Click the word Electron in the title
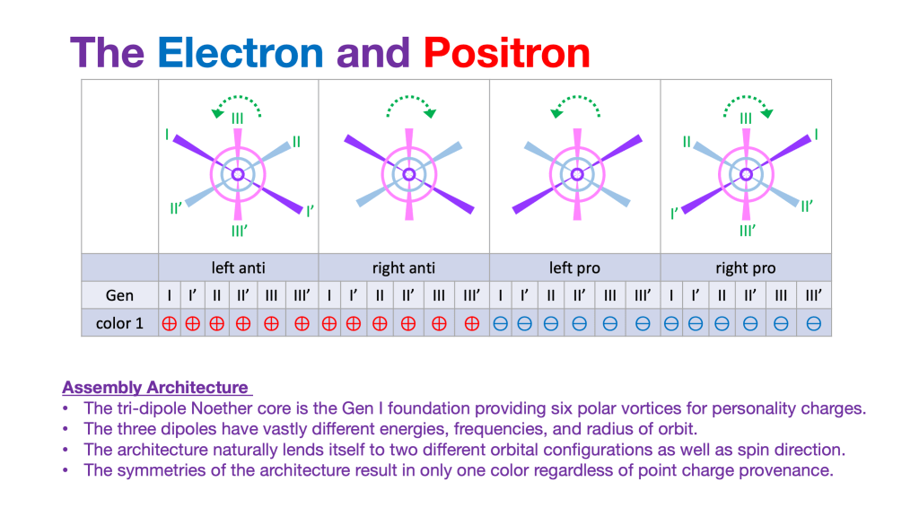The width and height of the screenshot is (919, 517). pos(240,53)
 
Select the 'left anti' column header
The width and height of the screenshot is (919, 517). pos(238,267)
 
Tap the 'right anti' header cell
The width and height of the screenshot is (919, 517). pos(403,267)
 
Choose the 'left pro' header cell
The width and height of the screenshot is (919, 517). pos(574,267)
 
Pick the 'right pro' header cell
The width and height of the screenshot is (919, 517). pos(745,267)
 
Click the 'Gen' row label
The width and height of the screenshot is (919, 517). pos(119,294)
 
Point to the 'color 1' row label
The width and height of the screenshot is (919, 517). pos(119,323)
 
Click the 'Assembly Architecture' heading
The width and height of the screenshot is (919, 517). pos(155,388)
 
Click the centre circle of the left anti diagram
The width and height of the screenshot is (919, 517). pos(238,174)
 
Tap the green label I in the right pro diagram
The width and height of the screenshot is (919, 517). pos(816,135)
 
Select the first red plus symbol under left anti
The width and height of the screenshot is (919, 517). pos(169,323)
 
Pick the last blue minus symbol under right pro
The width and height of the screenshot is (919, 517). pos(814,323)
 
